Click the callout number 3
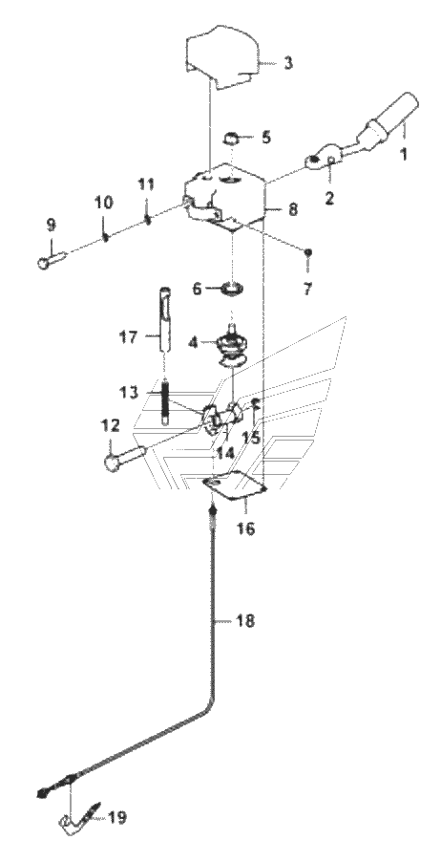pyautogui.click(x=288, y=62)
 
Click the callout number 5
pyautogui.click(x=265, y=137)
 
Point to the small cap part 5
pyautogui.click(x=233, y=138)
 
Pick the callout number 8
pyautogui.click(x=292, y=209)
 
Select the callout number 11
pyautogui.click(x=146, y=183)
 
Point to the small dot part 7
pyautogui.click(x=309, y=251)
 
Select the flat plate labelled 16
pyautogui.click(x=235, y=485)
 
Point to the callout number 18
pyautogui.click(x=245, y=622)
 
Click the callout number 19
pyautogui.click(x=115, y=817)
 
